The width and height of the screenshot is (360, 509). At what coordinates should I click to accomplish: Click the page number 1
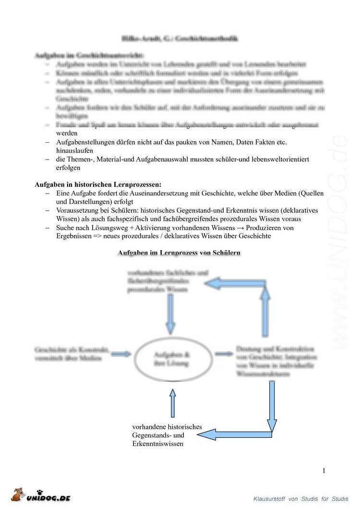click(x=324, y=471)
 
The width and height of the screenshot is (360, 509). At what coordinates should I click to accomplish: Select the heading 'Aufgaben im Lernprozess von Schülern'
click(x=179, y=253)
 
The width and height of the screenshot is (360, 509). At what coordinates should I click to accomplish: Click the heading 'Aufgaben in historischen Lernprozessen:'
click(x=98, y=184)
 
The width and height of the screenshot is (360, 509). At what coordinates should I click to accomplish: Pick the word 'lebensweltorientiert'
click(x=290, y=159)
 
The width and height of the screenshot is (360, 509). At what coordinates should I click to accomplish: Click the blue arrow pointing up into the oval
click(x=173, y=402)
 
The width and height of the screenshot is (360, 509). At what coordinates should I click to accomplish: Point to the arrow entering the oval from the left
click(x=121, y=354)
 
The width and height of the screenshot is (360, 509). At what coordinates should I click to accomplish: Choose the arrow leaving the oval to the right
click(x=223, y=354)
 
